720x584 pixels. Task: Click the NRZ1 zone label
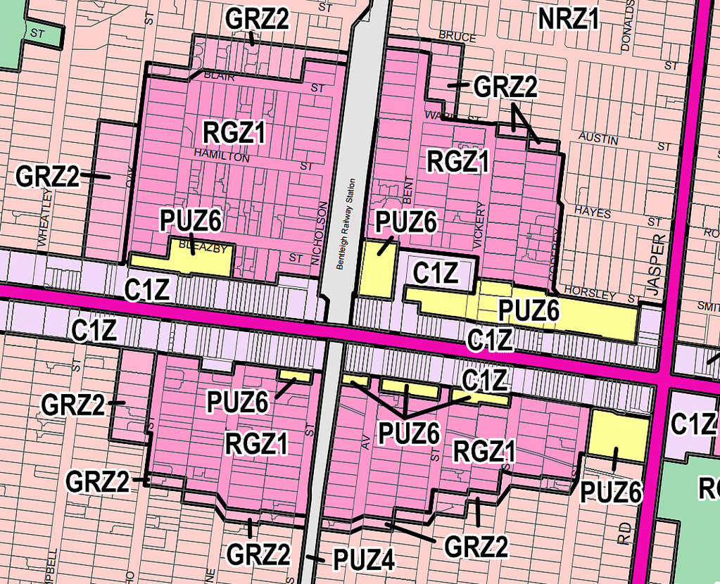pyautogui.click(x=568, y=20)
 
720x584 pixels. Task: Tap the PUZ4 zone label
pyautogui.click(x=363, y=559)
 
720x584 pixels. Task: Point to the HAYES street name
pyautogui.click(x=592, y=211)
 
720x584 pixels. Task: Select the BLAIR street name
pyautogui.click(x=218, y=74)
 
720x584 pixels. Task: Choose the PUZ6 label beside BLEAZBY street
pyautogui.click(x=191, y=221)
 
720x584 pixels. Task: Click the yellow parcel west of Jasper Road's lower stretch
pyautogui.click(x=617, y=436)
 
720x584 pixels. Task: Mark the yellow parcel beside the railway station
pyautogui.click(x=376, y=268)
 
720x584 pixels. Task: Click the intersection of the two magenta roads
pyautogui.click(x=663, y=377)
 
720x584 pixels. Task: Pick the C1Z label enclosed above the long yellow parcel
pyautogui.click(x=436, y=272)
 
